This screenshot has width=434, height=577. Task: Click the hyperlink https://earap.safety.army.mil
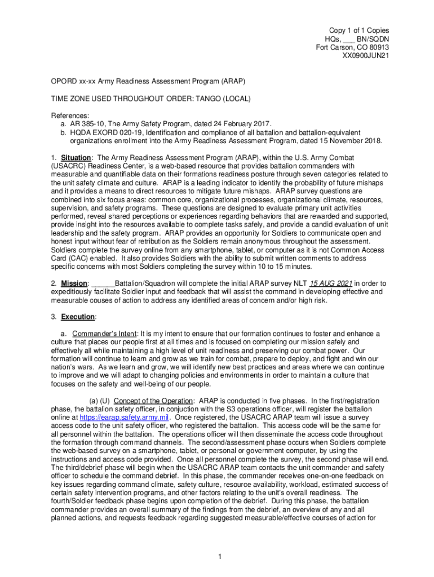(x=124, y=417)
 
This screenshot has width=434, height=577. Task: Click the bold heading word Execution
(x=78, y=317)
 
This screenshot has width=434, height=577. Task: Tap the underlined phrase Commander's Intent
(x=104, y=334)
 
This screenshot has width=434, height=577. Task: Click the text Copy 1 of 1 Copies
(x=359, y=30)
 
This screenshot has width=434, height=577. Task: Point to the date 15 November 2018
(x=348, y=140)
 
